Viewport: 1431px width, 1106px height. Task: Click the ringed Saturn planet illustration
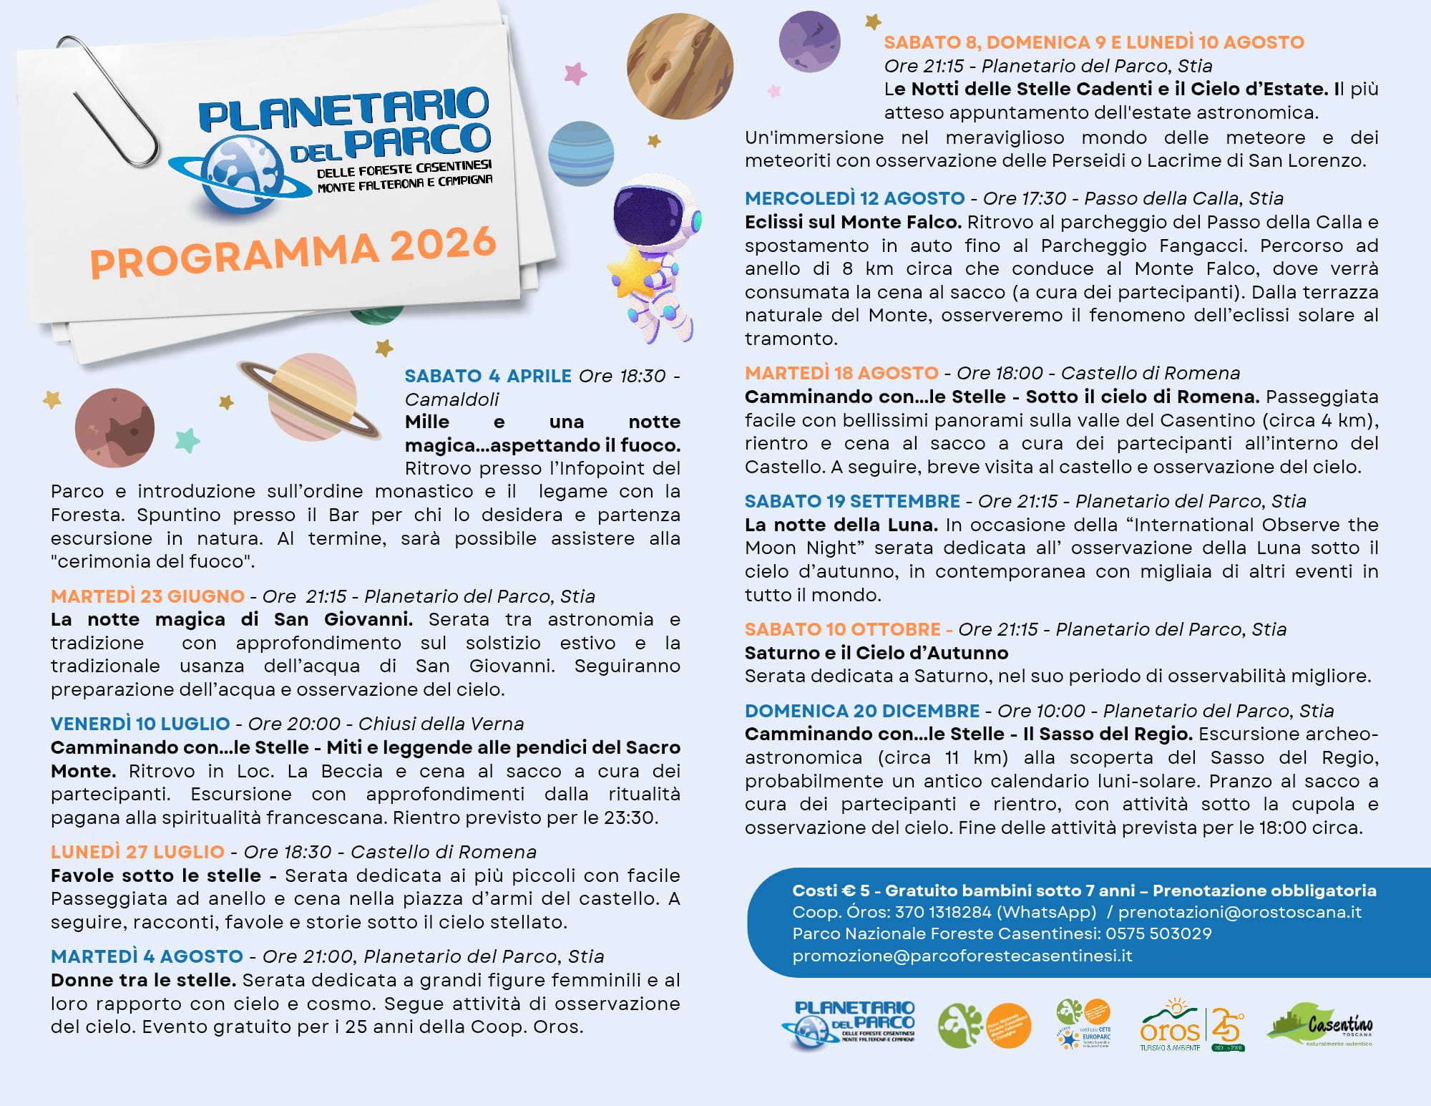pos(311,397)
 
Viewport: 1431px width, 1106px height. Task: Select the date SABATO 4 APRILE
pos(488,376)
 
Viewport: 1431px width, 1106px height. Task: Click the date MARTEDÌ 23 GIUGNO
pos(147,596)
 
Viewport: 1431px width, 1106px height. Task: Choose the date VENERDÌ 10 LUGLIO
pos(140,724)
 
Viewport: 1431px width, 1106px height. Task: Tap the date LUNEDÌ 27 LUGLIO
pos(137,852)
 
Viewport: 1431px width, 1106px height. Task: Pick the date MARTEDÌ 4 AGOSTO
pos(147,956)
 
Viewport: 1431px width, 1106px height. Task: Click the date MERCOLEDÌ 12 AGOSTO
pos(855,198)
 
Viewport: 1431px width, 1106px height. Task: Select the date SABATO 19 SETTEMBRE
pos(852,501)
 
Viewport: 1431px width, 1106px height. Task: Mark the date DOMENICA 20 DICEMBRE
pos(862,711)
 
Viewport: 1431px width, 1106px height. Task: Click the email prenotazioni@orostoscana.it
pos(1240,912)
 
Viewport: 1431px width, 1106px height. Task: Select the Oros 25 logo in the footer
pos(1192,1026)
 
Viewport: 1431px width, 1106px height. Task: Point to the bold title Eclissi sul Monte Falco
pos(853,222)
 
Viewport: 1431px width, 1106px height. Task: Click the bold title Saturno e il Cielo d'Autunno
pos(876,653)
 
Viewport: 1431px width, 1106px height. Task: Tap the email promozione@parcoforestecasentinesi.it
pos(962,956)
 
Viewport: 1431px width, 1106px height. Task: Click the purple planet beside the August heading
pos(809,42)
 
